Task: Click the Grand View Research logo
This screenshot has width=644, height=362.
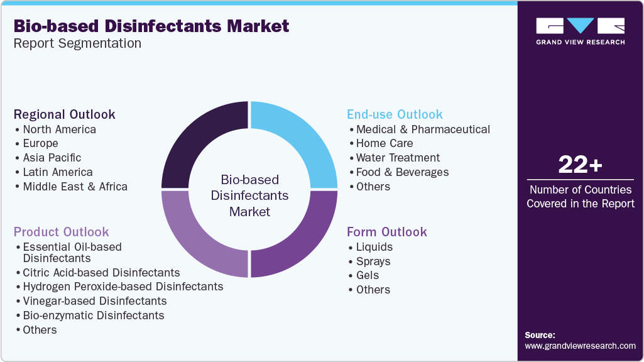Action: click(580, 31)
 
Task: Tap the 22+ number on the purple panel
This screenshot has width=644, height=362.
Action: click(580, 165)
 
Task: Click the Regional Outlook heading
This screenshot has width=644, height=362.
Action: click(64, 114)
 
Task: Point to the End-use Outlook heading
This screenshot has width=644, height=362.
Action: click(395, 114)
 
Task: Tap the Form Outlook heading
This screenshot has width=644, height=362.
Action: click(387, 232)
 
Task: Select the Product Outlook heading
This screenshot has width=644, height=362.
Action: click(61, 232)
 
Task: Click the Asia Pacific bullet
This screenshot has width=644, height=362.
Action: click(52, 158)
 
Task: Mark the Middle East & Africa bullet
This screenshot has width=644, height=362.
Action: click(75, 187)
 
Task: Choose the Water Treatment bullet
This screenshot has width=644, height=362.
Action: click(398, 158)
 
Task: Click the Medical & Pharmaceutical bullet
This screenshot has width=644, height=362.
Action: click(423, 129)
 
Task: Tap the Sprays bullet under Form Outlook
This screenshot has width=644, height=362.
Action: click(373, 261)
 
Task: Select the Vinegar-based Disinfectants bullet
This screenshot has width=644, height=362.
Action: click(94, 301)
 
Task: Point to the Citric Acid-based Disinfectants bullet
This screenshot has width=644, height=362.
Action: click(101, 273)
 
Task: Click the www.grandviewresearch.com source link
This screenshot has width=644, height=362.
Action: click(580, 346)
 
